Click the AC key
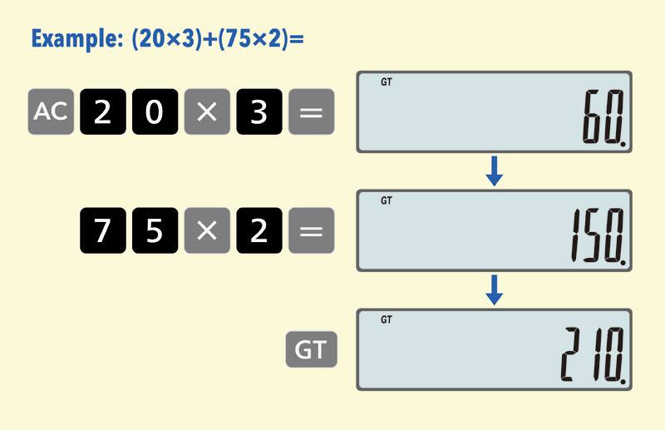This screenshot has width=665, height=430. pos(51,111)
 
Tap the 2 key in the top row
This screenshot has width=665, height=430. pos(103,111)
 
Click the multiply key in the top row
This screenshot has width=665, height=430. pos(207,111)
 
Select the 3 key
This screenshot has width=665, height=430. pos(259,111)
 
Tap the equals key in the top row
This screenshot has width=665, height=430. pos(311,111)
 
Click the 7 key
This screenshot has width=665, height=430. pos(103,230)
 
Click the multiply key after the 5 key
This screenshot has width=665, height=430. pos(207,230)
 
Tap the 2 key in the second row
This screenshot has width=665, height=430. pos(259,230)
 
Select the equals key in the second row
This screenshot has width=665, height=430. pos(311,230)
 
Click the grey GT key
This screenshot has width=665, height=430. pos(311,349)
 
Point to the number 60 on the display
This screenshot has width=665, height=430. pos(603,116)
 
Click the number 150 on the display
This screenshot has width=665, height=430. pos(597,235)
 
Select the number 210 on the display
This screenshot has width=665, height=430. pos(593,354)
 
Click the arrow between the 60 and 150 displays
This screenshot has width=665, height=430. pos(494,171)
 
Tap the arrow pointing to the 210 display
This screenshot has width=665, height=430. pos(494,290)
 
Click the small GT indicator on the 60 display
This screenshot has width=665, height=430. pos(387,82)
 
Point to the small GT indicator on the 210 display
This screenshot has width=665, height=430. pos(387,319)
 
